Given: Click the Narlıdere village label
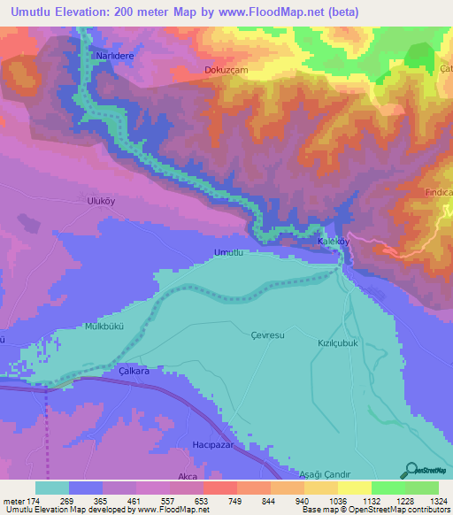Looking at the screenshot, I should point(112,54).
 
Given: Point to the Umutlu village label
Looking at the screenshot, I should point(228,253).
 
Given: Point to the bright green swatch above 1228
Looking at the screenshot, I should point(388,488).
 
